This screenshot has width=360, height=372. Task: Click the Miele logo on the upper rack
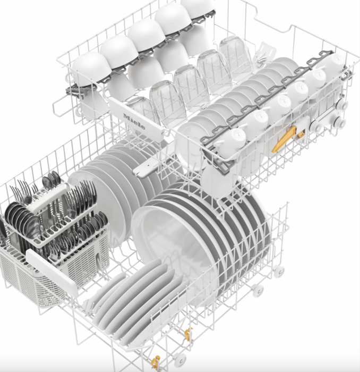click(x=134, y=121)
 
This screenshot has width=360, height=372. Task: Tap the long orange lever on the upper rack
click(x=284, y=139)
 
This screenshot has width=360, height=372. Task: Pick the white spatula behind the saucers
click(x=266, y=53)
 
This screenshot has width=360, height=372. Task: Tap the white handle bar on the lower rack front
click(x=52, y=271)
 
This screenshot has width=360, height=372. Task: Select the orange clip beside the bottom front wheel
click(x=156, y=362)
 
